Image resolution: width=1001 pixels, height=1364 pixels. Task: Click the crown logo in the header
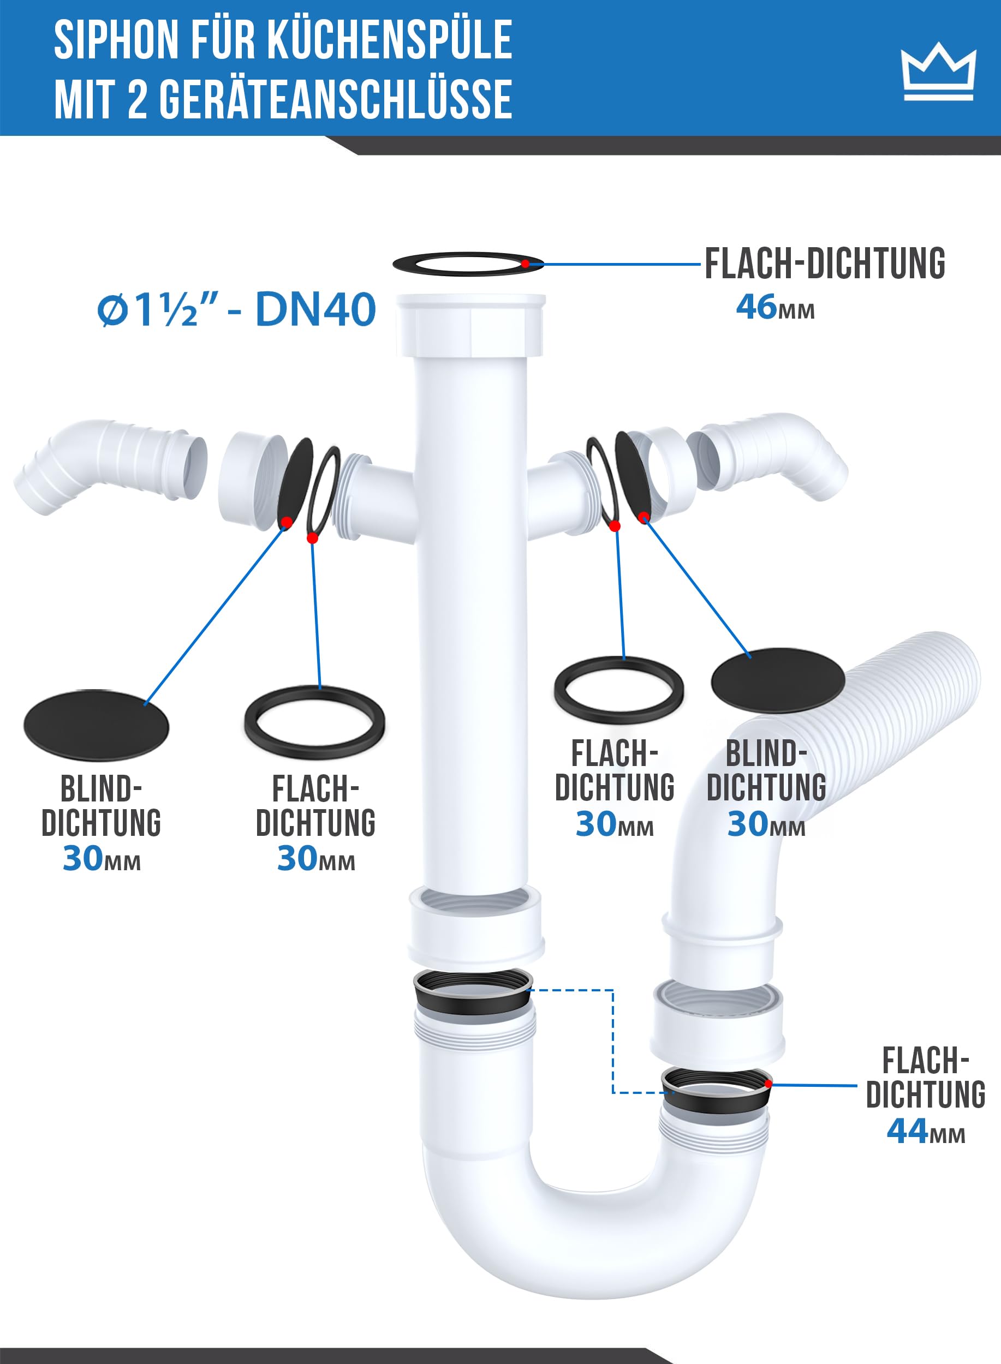coord(938,71)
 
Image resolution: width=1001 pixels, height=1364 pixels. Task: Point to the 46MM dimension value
coord(775,307)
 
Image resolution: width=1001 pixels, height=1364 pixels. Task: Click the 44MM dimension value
coord(925,1130)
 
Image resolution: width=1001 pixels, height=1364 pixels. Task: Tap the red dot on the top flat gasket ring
coord(525,264)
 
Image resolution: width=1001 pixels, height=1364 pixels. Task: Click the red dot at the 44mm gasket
coord(768,1083)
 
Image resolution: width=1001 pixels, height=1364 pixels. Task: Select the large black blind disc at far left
coord(97,725)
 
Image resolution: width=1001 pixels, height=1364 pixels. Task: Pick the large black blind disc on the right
coord(777,680)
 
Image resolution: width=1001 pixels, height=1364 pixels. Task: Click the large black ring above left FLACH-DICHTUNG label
coord(314,722)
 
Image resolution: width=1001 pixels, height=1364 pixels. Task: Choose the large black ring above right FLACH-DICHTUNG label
coord(618,690)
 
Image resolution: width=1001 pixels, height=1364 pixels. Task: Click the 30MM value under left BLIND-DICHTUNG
coord(101,858)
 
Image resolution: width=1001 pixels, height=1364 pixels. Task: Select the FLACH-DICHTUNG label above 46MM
coord(825,264)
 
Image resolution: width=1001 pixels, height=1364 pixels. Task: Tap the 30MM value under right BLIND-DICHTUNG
coord(766,824)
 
